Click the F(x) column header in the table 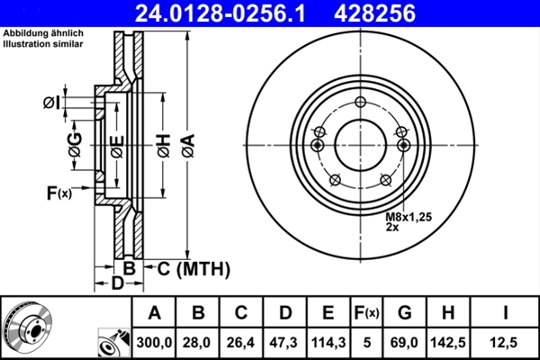coord(368,313)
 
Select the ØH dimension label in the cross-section coord(162,144)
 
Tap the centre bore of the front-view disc coord(359,145)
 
